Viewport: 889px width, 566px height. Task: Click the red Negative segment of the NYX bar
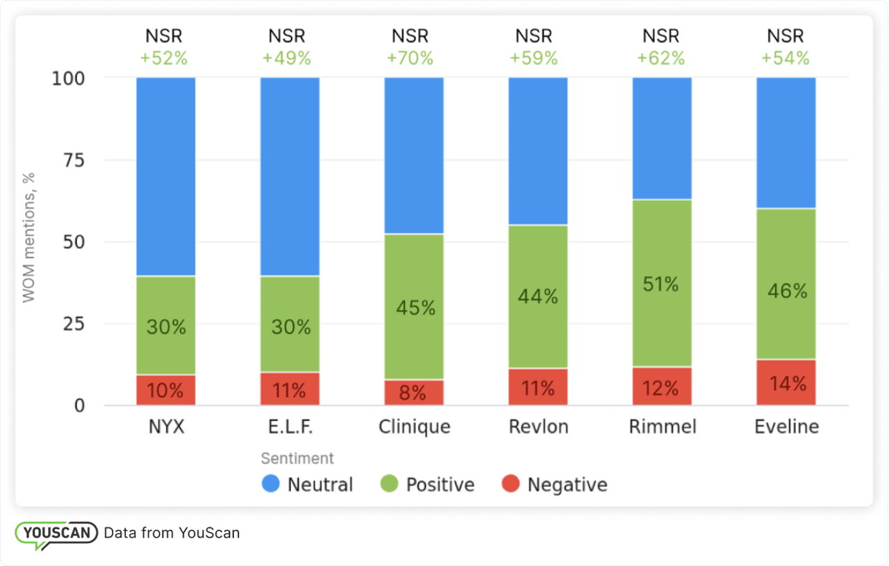tap(166, 390)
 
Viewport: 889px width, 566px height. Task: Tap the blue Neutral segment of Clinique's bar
tap(414, 155)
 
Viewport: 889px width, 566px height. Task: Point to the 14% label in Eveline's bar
tap(787, 384)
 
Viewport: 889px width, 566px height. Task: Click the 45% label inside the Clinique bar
tap(415, 307)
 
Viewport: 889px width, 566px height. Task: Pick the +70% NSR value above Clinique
tap(410, 58)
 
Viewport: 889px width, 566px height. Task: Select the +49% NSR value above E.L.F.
tap(286, 58)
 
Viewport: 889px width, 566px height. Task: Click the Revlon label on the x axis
tap(538, 427)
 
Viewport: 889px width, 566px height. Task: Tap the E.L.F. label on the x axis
tap(290, 427)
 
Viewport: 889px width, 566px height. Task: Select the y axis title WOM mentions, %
tap(28, 238)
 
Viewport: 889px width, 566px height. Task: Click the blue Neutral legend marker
tap(271, 484)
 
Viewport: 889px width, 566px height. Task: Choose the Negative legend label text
tap(567, 485)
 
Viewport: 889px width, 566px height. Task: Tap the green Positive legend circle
tap(390, 484)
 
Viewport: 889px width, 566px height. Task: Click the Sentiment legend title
tap(297, 458)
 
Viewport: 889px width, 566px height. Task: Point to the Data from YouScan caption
tap(172, 533)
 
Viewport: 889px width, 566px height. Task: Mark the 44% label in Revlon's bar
tap(538, 296)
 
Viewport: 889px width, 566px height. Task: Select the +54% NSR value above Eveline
tap(786, 58)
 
